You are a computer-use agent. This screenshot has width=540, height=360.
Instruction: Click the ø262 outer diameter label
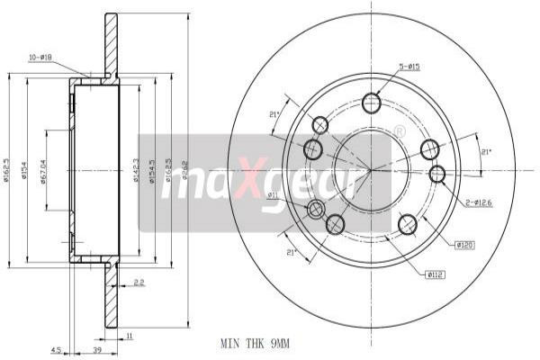click(x=184, y=167)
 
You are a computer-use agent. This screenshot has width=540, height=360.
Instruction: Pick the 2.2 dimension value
click(x=138, y=283)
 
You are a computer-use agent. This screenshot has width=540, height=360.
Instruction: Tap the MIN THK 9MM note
click(x=256, y=343)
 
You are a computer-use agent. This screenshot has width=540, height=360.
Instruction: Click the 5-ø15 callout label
click(x=409, y=66)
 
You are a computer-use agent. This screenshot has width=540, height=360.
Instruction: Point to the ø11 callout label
click(x=274, y=193)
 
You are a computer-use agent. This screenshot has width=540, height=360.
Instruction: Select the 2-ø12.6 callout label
click(x=479, y=202)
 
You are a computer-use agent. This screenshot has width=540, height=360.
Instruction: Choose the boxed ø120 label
click(x=465, y=244)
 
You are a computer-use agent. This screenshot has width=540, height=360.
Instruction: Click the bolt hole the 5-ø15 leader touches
click(x=372, y=103)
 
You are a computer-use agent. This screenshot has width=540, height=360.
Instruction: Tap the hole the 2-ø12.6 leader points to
click(x=437, y=174)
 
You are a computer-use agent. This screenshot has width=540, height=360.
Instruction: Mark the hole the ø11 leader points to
click(x=316, y=210)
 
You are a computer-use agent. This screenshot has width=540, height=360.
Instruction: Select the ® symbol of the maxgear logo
click(x=400, y=131)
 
